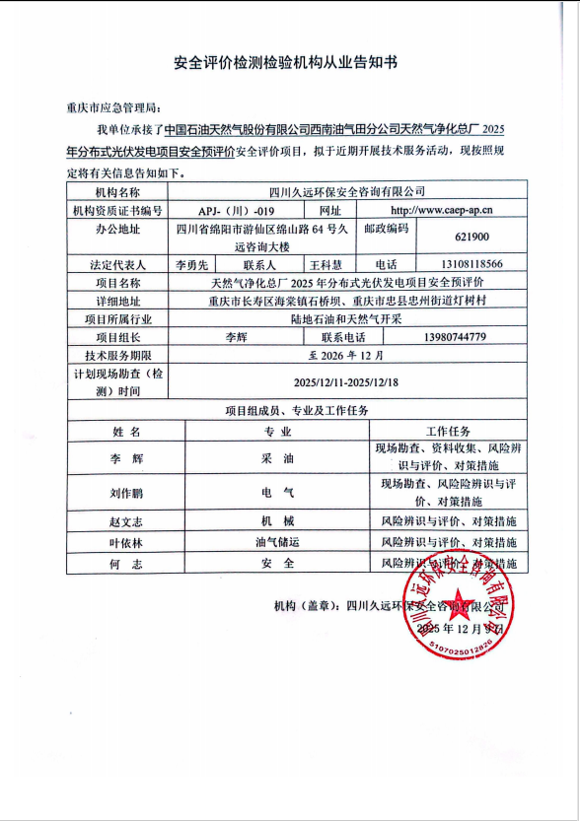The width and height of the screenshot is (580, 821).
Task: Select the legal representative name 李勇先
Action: click(x=191, y=265)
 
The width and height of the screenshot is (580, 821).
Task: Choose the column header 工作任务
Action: click(x=454, y=432)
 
